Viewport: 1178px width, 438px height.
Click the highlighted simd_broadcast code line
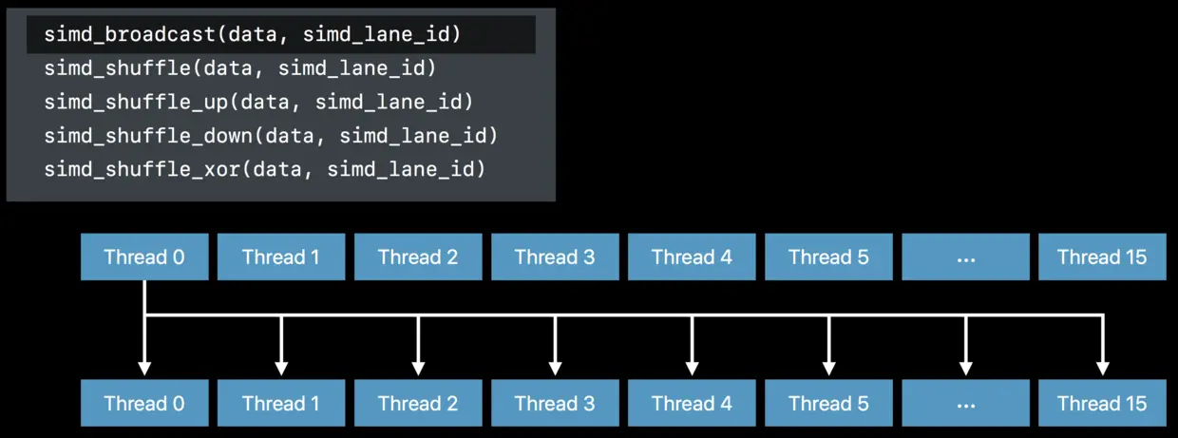tap(253, 35)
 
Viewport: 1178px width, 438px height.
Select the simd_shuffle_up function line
tap(258, 102)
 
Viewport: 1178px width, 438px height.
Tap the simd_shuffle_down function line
tap(271, 136)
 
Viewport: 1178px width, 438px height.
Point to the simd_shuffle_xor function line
tap(264, 169)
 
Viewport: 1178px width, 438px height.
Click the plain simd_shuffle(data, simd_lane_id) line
tap(240, 68)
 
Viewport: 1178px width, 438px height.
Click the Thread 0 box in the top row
tap(144, 257)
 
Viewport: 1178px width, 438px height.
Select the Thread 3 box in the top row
tap(555, 257)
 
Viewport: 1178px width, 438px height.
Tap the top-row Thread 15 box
tap(1102, 257)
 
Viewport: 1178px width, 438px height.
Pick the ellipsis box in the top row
tap(965, 257)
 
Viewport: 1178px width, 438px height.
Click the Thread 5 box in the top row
tap(828, 257)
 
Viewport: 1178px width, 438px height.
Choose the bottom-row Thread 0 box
tap(144, 403)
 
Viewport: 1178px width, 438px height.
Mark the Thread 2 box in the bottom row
tap(418, 403)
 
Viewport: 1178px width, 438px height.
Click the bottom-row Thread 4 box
tap(692, 403)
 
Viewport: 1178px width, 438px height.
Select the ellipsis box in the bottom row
tap(965, 403)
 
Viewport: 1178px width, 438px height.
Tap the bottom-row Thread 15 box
tap(1102, 403)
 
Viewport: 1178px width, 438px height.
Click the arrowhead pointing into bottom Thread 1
tap(281, 368)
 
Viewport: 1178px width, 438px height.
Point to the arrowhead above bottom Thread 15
tap(1103, 368)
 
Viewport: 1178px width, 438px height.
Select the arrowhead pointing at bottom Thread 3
tap(556, 368)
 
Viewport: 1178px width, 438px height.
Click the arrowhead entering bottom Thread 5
tap(828, 368)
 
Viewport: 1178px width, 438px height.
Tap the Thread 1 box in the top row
tap(281, 257)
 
